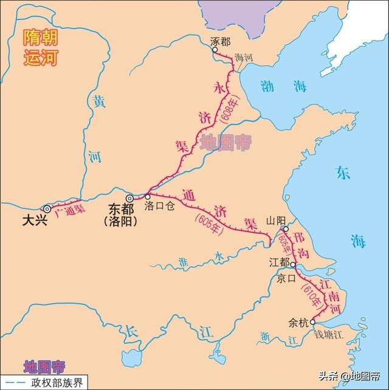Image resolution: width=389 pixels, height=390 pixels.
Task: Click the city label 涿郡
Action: pos(220,41)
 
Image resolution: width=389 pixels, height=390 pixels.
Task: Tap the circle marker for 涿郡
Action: pos(215,51)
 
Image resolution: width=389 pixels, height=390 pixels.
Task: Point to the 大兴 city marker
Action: pos(47,208)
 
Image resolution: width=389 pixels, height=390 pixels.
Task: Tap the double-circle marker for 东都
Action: pos(129,198)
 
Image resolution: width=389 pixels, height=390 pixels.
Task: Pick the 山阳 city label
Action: pos(276,221)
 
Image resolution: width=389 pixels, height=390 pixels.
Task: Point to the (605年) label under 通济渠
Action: pos(210,221)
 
